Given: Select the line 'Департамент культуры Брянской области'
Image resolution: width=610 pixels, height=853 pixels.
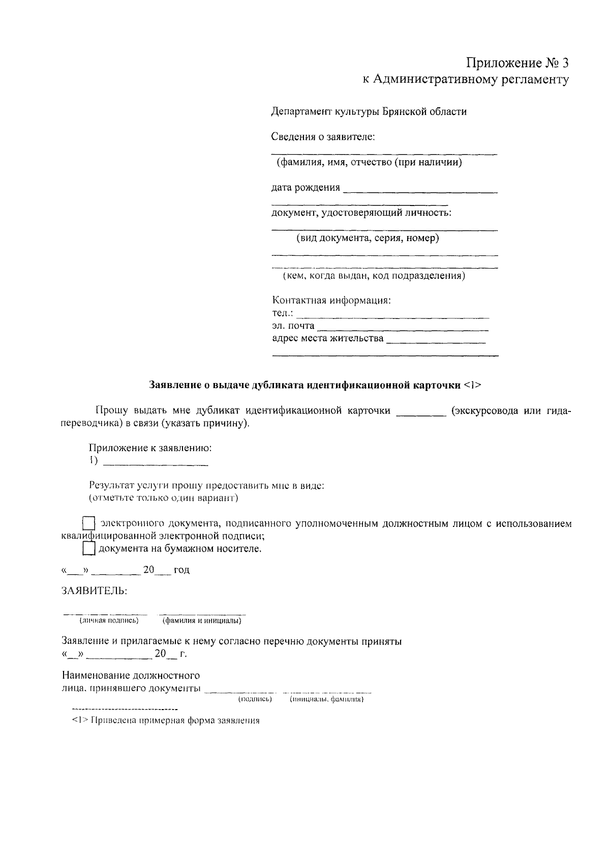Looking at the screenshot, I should click(369, 111).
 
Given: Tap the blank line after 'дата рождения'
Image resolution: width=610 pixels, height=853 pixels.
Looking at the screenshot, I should click(420, 191).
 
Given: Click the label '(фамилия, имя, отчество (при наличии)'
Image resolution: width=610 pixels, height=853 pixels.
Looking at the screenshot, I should click(369, 163).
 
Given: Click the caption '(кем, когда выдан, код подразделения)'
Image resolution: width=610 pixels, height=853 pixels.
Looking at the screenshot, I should click(374, 276).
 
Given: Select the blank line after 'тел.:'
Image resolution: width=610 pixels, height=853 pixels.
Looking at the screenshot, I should click(392, 316).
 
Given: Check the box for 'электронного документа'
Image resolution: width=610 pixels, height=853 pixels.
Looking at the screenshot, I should click(88, 524).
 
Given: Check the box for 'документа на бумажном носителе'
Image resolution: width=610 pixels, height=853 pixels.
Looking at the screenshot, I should click(88, 549).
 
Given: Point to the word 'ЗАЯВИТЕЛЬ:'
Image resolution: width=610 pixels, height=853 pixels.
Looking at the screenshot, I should click(95, 591).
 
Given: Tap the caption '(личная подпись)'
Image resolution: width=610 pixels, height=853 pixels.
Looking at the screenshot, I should click(109, 621).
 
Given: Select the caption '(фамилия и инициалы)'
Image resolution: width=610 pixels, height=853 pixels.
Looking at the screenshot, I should click(201, 621).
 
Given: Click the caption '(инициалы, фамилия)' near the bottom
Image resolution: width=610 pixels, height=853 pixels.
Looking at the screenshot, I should click(326, 700).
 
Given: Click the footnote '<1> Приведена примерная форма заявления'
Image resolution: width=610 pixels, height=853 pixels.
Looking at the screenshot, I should click(166, 721).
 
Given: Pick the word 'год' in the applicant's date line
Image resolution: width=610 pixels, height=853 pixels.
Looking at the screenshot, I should click(181, 570).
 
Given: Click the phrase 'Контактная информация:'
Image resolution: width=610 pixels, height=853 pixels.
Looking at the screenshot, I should click(332, 300).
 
